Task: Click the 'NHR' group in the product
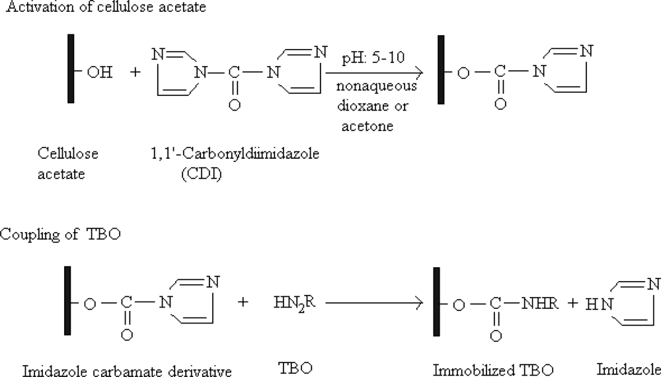pyautogui.click(x=541, y=304)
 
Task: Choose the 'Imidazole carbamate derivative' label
pyautogui.click(x=126, y=369)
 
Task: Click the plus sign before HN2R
pyautogui.click(x=243, y=303)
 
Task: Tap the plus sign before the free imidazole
pyautogui.click(x=572, y=304)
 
